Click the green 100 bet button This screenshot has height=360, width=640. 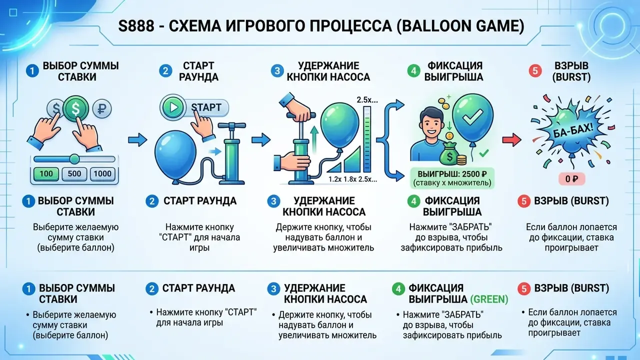(x=46, y=173)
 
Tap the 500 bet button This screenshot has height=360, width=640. (x=74, y=173)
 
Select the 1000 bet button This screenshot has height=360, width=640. (x=102, y=173)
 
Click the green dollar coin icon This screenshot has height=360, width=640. (x=75, y=108)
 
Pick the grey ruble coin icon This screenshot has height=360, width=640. (x=102, y=109)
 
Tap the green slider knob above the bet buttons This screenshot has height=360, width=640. (x=74, y=159)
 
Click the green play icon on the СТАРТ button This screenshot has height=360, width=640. (x=173, y=107)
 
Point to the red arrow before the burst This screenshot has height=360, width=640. (x=511, y=140)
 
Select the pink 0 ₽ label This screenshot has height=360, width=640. (x=571, y=179)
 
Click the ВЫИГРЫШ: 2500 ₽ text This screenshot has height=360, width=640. (x=452, y=173)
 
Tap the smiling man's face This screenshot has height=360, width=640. (x=431, y=123)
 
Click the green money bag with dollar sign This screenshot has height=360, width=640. (x=449, y=154)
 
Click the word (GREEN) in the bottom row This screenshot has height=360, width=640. (x=489, y=299)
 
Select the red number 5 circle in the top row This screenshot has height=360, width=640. (x=535, y=70)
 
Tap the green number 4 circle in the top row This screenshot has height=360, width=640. (x=413, y=70)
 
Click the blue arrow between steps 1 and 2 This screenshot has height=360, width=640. (x=137, y=139)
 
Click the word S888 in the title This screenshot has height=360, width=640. (x=136, y=26)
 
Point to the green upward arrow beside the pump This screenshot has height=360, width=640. (x=314, y=140)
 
